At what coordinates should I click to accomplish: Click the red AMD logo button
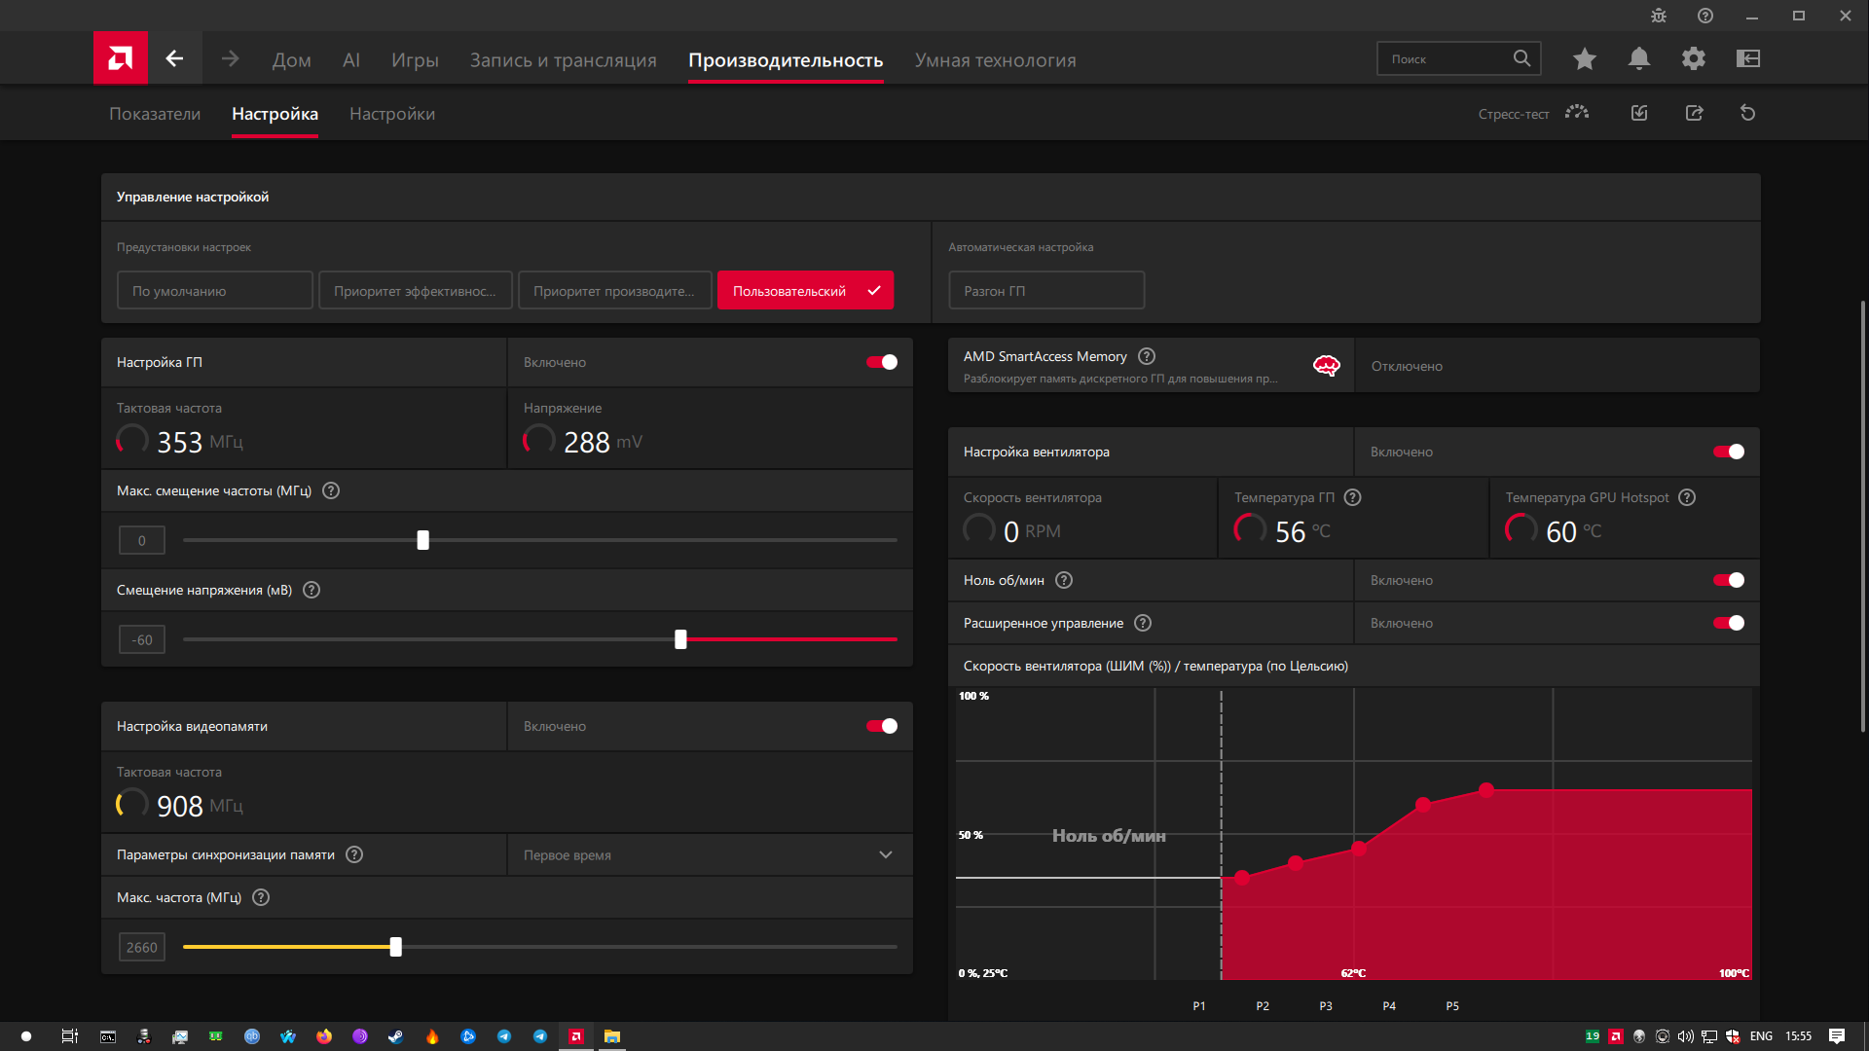[x=121, y=58]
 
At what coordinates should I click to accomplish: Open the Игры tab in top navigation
[x=415, y=60]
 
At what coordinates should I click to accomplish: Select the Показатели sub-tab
[x=155, y=114]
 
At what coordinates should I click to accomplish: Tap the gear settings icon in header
[x=1694, y=58]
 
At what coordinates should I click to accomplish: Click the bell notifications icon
[x=1639, y=58]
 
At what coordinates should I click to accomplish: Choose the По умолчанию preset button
[x=215, y=290]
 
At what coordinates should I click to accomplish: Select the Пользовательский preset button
[x=805, y=290]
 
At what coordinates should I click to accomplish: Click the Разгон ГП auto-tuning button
[x=1046, y=290]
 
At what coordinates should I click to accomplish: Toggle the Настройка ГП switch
[x=882, y=362]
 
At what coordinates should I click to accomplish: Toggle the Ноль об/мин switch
[x=1729, y=580]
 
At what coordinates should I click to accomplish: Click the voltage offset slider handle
[x=680, y=639]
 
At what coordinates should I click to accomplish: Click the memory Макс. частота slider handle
[x=395, y=947]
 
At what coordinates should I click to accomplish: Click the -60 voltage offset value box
[x=142, y=639]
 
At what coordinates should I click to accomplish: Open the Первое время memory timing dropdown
[x=710, y=854]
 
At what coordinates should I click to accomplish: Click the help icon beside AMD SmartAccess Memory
[x=1147, y=356]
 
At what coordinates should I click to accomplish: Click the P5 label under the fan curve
[x=1452, y=1006]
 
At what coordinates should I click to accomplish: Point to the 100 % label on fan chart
[x=973, y=696]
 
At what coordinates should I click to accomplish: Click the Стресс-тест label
[x=1514, y=114]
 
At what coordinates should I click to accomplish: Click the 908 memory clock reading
[x=180, y=806]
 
